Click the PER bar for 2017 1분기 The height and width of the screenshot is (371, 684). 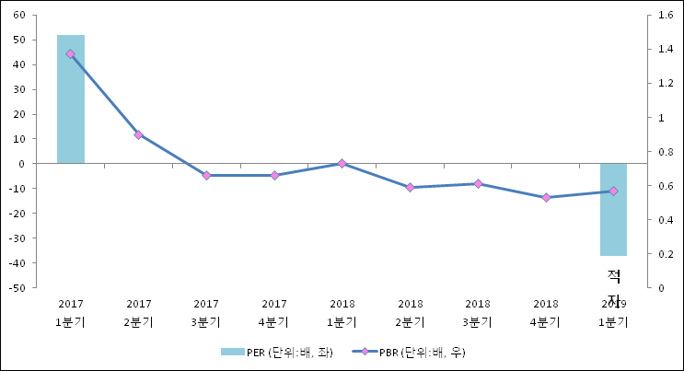point(71,99)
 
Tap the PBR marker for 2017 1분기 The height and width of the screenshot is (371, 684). point(71,54)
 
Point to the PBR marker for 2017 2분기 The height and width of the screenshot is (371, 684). point(138,135)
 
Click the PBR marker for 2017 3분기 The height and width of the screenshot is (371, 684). point(206,175)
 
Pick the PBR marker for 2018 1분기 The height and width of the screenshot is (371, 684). point(342,164)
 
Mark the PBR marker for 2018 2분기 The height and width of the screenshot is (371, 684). point(410,187)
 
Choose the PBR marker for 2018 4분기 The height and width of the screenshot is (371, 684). point(546,197)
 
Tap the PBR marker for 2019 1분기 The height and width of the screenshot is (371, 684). point(613,191)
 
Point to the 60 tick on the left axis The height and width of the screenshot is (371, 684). point(19,16)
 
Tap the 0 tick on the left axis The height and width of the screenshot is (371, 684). point(22,164)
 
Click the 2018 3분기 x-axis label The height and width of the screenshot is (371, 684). point(478,313)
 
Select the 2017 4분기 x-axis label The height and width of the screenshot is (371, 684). point(273,313)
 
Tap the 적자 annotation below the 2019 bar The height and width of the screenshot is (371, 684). point(614,286)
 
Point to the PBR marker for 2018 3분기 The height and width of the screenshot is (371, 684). point(478,184)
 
